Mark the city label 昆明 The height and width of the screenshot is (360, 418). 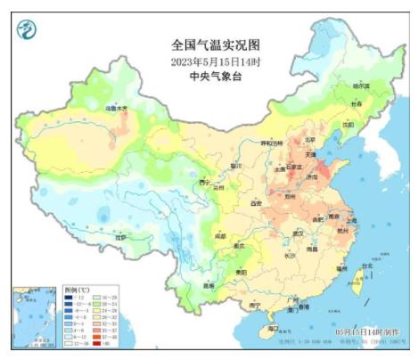(x=208, y=285)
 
